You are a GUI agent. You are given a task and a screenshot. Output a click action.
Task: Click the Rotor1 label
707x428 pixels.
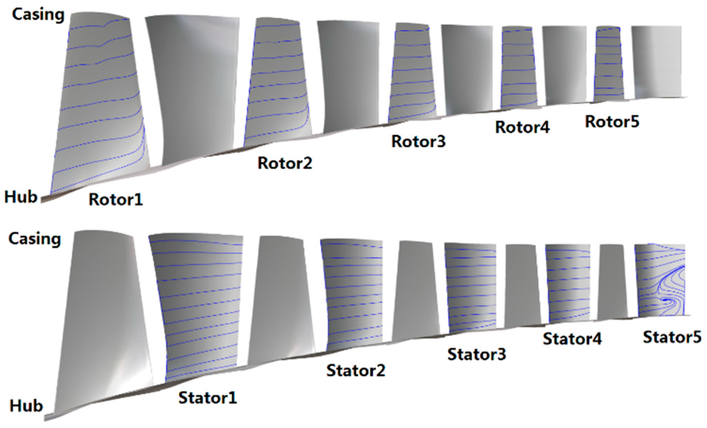(116, 200)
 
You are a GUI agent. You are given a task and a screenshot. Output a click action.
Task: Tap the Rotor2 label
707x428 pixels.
(285, 163)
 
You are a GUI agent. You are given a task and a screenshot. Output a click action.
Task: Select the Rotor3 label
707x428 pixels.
(418, 142)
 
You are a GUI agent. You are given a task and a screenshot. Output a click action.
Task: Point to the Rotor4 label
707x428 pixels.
(522, 127)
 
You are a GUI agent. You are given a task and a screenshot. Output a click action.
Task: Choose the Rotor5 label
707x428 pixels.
(612, 121)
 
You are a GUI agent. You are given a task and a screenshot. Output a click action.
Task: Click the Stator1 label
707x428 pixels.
(208, 398)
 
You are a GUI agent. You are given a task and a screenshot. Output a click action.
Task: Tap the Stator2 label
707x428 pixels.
(356, 370)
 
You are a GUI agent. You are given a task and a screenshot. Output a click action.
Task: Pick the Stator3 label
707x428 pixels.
(477, 354)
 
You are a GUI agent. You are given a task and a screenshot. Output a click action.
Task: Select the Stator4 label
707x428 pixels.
(572, 339)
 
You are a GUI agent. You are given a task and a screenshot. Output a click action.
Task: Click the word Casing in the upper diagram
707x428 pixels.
(38, 15)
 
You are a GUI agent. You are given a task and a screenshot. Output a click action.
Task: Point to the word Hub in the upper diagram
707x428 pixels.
(21, 197)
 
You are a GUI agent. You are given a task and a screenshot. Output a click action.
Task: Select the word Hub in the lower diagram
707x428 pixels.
(26, 406)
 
